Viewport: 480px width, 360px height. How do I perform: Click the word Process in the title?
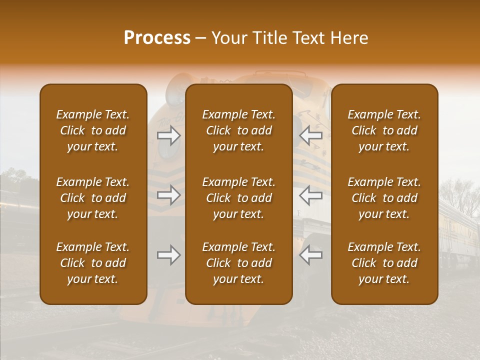coord(157,38)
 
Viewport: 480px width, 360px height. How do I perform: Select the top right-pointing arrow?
coord(169,135)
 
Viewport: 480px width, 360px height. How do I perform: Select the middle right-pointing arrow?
coord(169,195)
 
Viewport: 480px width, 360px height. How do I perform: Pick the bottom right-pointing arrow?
coord(169,255)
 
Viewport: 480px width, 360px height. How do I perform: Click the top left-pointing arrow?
coord(310,135)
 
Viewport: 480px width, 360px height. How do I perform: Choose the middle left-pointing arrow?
coord(310,195)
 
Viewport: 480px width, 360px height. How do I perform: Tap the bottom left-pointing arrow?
coord(310,255)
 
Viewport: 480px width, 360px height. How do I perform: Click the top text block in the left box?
coord(93,130)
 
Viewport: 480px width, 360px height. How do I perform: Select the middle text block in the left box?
coord(93,198)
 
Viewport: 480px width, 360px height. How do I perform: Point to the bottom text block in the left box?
coord(93,263)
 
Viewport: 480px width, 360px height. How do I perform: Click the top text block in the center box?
coord(239,130)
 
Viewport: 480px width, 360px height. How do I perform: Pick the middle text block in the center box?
coord(239,198)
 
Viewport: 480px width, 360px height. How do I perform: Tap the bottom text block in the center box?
coord(239,263)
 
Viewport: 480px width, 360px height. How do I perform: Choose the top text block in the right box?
coord(384,130)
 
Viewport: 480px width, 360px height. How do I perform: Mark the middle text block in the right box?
coord(384,198)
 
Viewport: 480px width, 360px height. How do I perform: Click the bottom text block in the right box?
coord(384,263)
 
